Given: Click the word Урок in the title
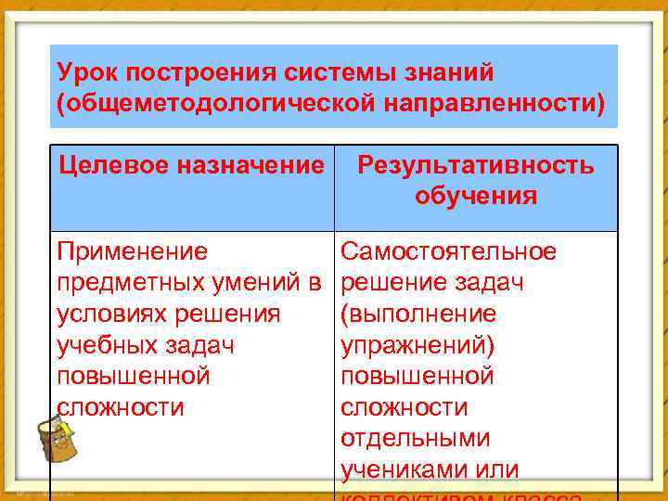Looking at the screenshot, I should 88,71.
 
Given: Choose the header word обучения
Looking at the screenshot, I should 476,196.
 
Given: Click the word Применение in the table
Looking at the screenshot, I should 132,251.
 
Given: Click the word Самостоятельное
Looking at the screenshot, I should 449,251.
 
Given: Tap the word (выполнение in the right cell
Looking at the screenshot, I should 418,314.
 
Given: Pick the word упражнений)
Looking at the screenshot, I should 418,345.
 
